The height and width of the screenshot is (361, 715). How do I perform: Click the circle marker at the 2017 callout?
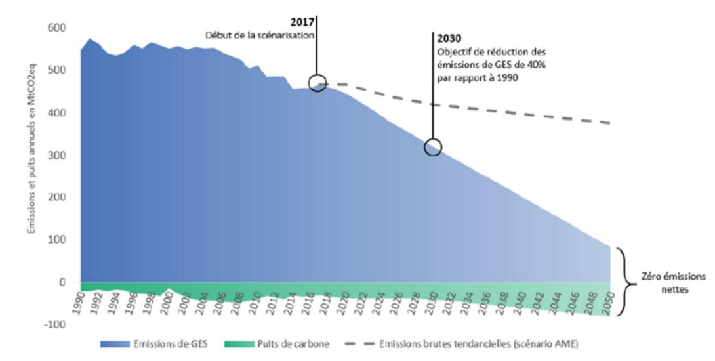317,84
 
